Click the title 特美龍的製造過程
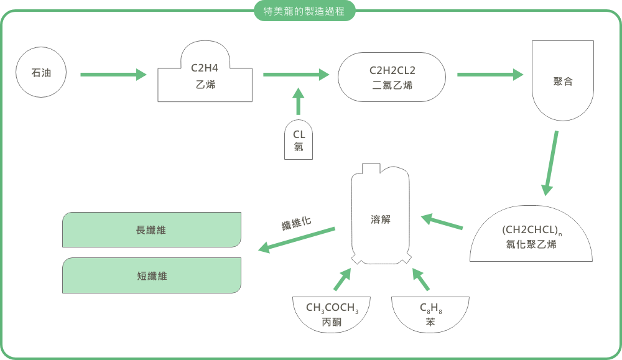(x=305, y=11)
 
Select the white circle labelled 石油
(x=41, y=73)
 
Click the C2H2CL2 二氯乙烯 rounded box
(x=392, y=77)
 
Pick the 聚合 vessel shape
(x=562, y=81)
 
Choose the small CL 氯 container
(x=299, y=141)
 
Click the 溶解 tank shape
(x=381, y=218)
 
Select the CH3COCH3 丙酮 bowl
(x=332, y=314)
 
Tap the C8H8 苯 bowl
(x=430, y=314)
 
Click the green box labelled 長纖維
(x=152, y=230)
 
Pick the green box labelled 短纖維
(x=152, y=276)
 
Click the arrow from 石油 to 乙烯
(x=113, y=75)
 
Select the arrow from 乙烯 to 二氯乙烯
(x=296, y=75)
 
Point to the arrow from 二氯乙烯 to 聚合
(x=490, y=75)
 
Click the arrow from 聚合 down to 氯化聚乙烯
(x=550, y=163)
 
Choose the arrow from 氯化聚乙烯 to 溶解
(x=442, y=223)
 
